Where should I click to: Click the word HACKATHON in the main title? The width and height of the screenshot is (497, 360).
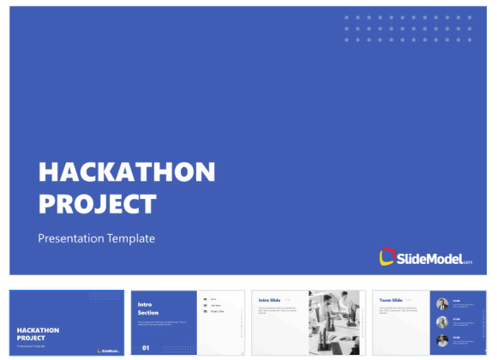(127, 172)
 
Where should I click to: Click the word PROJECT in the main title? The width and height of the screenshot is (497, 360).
(98, 204)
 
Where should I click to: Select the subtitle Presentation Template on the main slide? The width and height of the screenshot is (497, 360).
(96, 238)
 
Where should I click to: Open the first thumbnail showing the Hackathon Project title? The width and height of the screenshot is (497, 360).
(66, 322)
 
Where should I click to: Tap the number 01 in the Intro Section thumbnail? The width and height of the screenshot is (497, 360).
(146, 347)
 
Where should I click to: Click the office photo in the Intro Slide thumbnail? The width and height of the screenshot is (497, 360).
(337, 322)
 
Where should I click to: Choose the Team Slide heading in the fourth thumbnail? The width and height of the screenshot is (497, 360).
(392, 299)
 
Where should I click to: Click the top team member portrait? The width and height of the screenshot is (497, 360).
(442, 303)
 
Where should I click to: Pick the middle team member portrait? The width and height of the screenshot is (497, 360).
(442, 322)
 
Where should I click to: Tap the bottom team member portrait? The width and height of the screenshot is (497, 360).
(442, 341)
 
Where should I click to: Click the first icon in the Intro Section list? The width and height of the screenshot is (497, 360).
(204, 297)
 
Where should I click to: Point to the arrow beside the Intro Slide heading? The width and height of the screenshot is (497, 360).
(288, 300)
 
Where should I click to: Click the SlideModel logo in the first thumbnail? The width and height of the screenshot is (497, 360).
(109, 350)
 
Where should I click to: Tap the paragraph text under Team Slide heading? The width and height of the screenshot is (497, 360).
(394, 310)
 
